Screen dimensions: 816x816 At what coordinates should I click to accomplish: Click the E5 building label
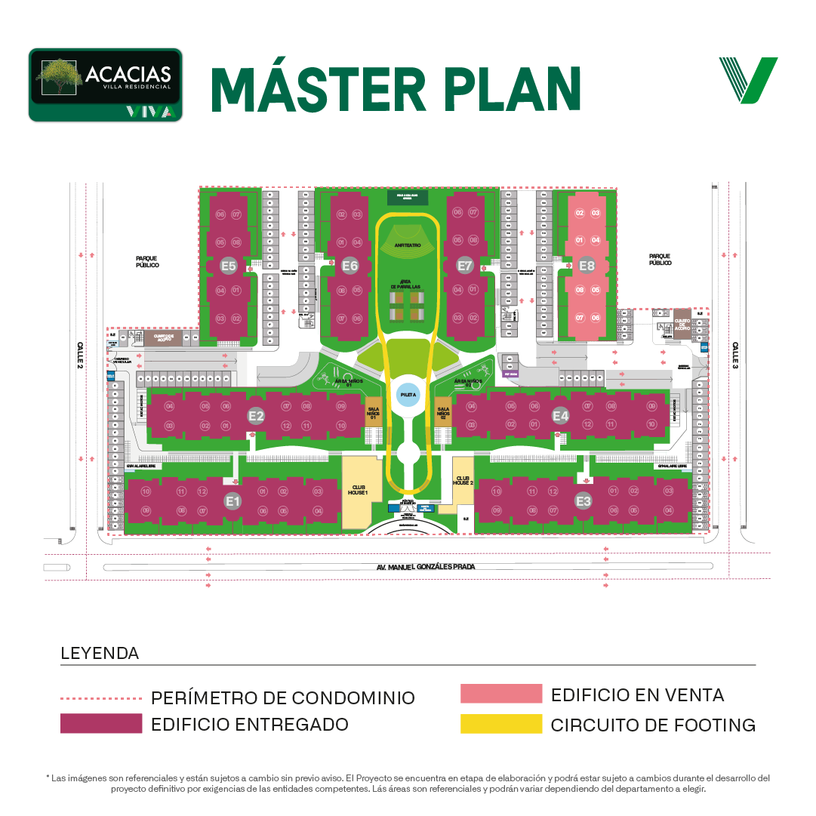pos(229,266)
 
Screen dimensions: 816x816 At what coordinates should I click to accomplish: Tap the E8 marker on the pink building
pos(587,266)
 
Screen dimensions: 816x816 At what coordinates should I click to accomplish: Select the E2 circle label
pos(256,415)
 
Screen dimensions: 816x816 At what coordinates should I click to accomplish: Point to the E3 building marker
pos(583,500)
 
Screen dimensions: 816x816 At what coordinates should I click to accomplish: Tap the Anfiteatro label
pos(407,245)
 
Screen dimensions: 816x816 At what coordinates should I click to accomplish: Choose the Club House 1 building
pos(358,491)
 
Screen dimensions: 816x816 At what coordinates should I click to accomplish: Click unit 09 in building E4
pos(651,406)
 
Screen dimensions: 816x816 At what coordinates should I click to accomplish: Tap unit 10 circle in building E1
pos(146,491)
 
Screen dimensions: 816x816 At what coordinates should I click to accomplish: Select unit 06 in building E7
pos(457,213)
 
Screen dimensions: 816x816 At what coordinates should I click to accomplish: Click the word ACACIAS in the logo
pos(128,74)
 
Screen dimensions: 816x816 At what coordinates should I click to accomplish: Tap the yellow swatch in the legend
pos(506,731)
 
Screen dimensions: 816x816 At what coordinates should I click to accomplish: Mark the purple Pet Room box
pos(510,373)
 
